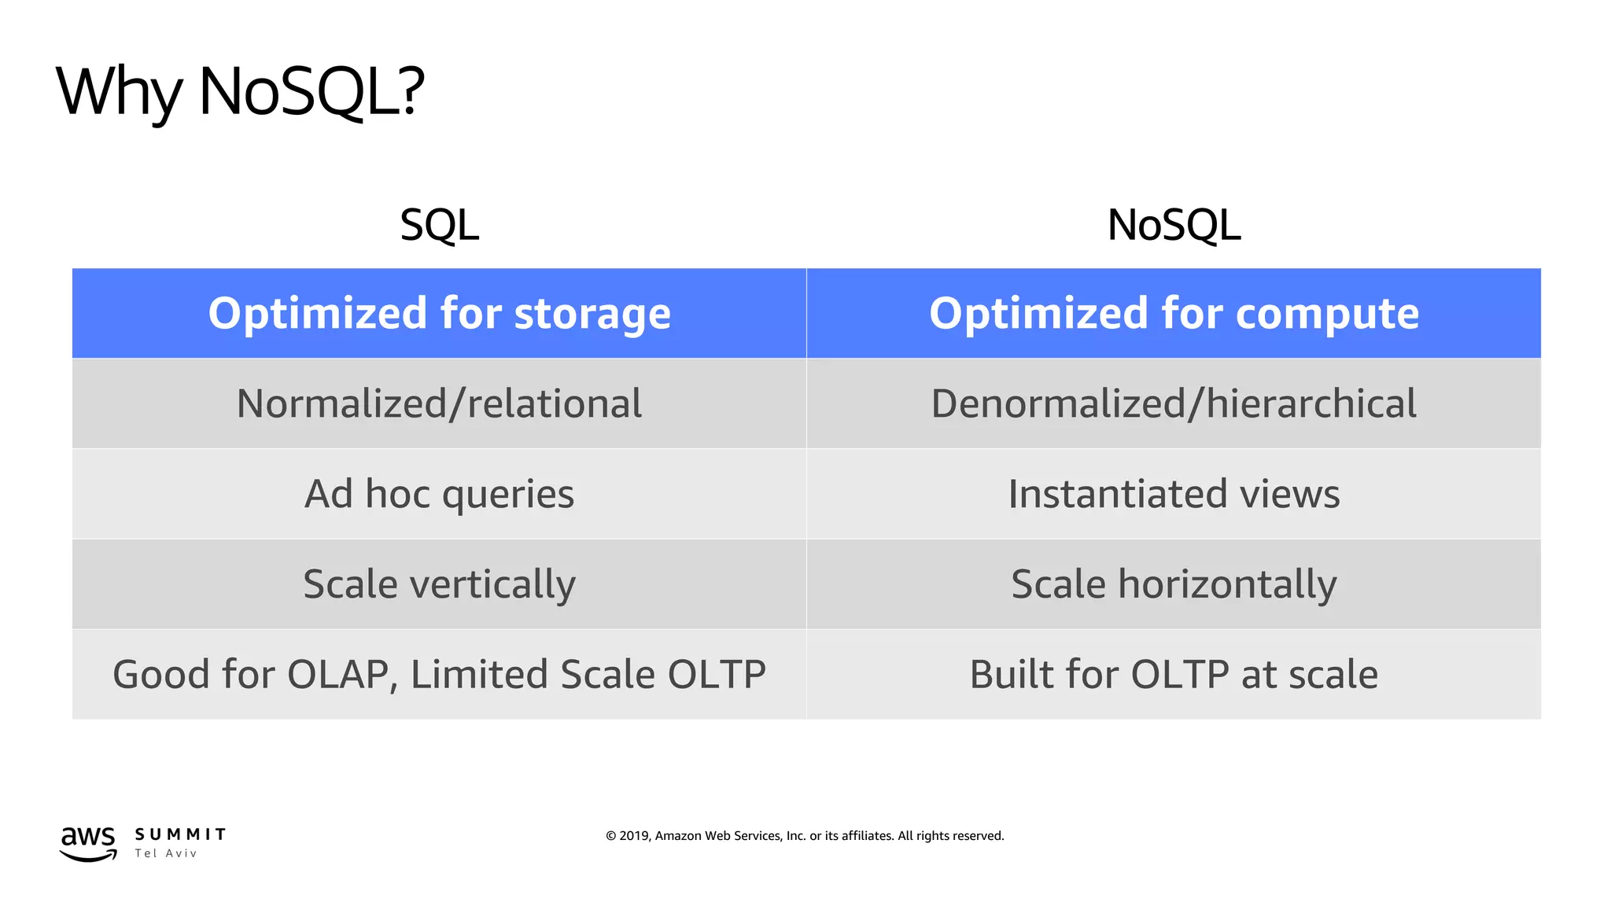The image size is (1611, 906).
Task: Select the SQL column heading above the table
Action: [x=439, y=226]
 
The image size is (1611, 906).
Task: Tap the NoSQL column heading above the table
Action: [x=1174, y=226]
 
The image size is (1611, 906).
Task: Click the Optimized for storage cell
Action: [x=439, y=314]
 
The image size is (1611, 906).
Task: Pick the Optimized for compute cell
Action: [x=1174, y=314]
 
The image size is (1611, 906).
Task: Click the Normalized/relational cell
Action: [x=439, y=404]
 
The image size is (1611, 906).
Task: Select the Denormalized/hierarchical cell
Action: [x=1174, y=404]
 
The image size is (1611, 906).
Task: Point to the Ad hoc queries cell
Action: [x=439, y=495]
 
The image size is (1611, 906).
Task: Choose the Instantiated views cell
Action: [x=1174, y=495]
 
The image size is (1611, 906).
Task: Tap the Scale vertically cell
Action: [x=439, y=584]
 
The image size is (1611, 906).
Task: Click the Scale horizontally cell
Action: [x=1174, y=584]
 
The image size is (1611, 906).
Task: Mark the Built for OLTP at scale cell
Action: [x=1174, y=675]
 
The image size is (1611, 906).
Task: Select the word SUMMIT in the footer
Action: [x=180, y=834]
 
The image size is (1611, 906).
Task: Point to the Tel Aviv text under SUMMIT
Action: [x=165, y=853]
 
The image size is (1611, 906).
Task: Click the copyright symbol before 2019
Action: [x=610, y=836]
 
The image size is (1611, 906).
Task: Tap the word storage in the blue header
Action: [x=592, y=314]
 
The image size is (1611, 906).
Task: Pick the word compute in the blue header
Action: [x=1327, y=314]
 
